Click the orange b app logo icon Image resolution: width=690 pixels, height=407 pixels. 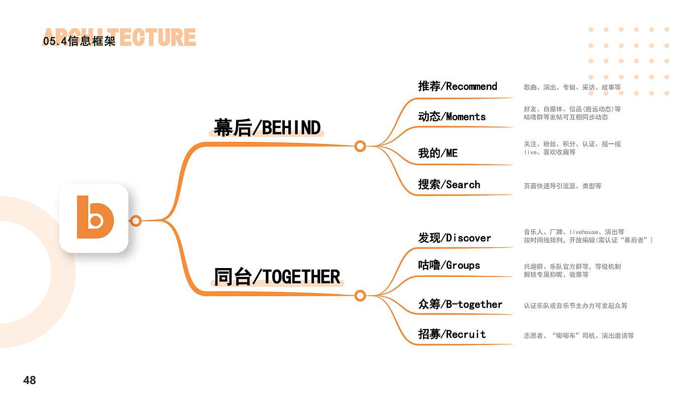94,218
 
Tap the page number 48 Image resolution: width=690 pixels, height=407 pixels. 30,380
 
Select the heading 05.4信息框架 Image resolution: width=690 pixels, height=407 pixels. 79,41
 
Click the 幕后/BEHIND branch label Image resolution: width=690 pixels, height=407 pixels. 267,128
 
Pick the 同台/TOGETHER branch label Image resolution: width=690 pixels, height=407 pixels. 277,277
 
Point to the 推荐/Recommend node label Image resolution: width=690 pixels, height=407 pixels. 457,86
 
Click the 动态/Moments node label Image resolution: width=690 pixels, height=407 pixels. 452,117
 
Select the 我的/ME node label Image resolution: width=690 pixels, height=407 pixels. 438,153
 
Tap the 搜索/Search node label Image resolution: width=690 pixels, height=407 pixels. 449,185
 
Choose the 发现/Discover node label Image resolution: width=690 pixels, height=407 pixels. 454,238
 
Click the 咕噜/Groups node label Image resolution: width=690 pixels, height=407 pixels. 449,265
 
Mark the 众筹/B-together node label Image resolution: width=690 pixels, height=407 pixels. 460,305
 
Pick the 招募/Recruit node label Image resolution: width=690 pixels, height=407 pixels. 452,334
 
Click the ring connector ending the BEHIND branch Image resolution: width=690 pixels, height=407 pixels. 360,146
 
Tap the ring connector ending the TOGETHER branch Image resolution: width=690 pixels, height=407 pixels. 360,296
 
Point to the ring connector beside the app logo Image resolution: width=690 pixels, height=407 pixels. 136,220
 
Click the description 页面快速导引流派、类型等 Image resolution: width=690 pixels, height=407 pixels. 562,186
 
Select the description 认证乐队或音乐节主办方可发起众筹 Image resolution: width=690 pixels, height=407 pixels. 575,306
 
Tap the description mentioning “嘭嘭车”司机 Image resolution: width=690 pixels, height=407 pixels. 579,336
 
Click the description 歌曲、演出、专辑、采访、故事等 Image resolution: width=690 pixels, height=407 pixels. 572,87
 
